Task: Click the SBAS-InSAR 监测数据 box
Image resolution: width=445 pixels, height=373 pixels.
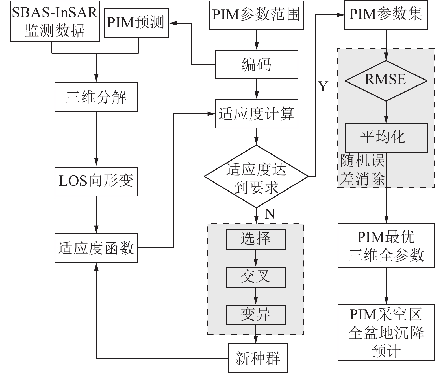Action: coord(55,21)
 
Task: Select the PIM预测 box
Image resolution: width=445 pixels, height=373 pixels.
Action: coord(136,23)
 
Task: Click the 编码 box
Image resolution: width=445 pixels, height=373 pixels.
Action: coord(256,64)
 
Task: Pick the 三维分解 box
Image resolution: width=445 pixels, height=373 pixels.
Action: coord(96,97)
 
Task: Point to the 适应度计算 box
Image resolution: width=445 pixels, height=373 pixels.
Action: coord(256,113)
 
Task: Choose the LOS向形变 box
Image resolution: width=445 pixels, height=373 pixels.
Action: coord(96,181)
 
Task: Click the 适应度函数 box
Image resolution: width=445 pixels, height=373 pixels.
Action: coord(96,248)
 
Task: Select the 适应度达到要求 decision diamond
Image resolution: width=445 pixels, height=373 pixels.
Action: coord(256,177)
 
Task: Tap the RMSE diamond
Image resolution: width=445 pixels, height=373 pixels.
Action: coord(386,80)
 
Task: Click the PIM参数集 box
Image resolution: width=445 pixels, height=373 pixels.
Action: coord(386,14)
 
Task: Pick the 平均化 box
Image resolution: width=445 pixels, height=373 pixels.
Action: coord(386,138)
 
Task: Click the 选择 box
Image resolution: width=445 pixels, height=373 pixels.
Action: coord(255,239)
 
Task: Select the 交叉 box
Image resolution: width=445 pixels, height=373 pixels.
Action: coord(255,277)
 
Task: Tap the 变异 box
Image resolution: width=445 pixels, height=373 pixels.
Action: coord(255,315)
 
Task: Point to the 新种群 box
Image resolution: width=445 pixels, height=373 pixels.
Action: coord(258,358)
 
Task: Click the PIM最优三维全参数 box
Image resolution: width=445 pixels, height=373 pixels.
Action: coord(386,246)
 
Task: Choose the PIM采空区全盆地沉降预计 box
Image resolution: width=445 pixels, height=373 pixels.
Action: coord(386,332)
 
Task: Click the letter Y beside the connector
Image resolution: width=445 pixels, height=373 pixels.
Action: coord(323,87)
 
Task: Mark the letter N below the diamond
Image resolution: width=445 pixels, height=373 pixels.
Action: coord(270,214)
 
